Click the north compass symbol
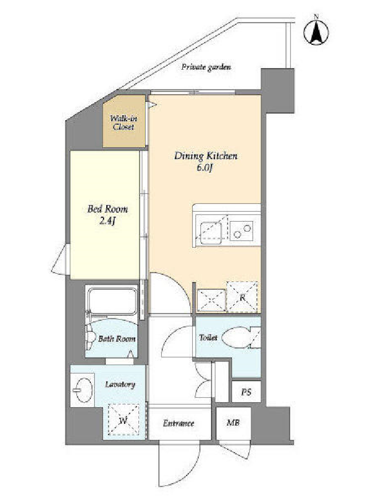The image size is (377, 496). click(316, 32)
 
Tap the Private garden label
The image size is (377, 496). click(206, 68)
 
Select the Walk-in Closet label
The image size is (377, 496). click(123, 122)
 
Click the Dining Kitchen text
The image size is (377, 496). click(206, 156)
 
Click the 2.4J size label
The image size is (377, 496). click(107, 221)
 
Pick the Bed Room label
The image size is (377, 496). click(107, 209)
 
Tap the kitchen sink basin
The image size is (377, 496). click(211, 229)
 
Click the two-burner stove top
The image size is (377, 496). click(241, 231)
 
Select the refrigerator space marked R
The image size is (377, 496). click(242, 297)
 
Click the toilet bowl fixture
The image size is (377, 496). click(237, 338)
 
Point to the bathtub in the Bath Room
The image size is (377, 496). click(112, 300)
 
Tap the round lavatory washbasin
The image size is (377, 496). click(83, 390)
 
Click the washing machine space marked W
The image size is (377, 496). click(123, 420)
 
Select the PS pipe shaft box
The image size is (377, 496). click(246, 392)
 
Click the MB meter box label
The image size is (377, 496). click(233, 423)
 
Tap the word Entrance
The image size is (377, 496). click(179, 423)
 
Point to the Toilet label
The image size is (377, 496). click(208, 338)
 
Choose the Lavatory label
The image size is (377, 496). click(120, 385)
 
